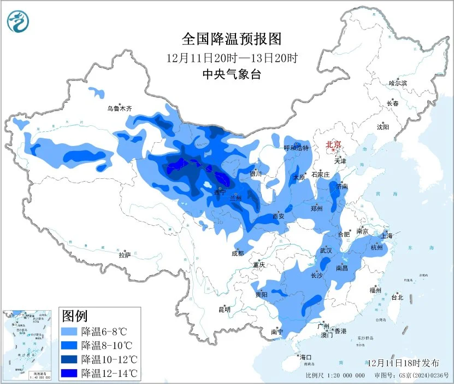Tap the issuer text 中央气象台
pyautogui.click(x=231, y=74)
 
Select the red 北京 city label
pyautogui.click(x=333, y=144)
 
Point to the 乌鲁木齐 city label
pyautogui.click(x=120, y=109)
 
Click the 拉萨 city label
pyautogui.click(x=125, y=254)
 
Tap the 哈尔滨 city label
pyautogui.click(x=398, y=83)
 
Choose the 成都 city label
pyautogui.click(x=238, y=253)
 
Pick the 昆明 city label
pyautogui.click(x=225, y=310)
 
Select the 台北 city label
pyautogui.click(x=397, y=298)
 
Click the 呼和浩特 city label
pyautogui.click(x=297, y=148)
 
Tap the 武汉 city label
pyautogui.click(x=326, y=250)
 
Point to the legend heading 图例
pyautogui.click(x=74, y=316)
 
